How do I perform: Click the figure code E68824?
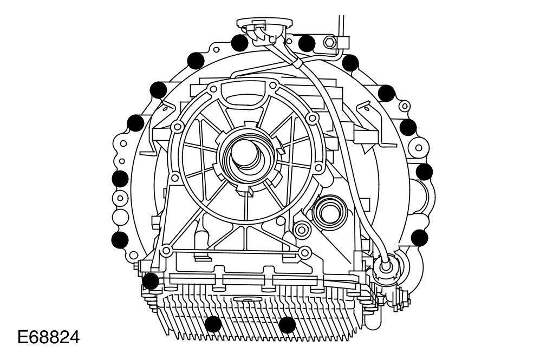coord(49,337)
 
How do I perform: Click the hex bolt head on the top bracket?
coord(329,43)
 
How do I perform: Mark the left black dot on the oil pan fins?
coord(213,324)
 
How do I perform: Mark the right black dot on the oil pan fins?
coord(287,324)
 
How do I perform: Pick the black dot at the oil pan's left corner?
coord(151,281)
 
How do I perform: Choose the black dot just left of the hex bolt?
coord(307,43)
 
